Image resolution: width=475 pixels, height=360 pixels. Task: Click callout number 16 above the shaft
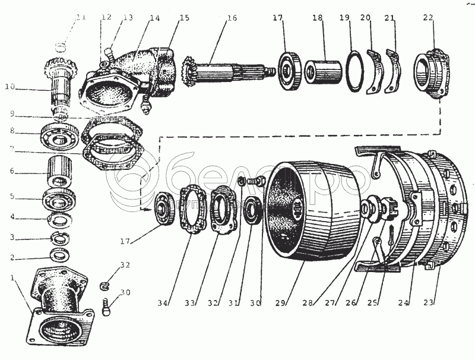coord(231,18)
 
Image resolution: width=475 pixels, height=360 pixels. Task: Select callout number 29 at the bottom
coord(282,304)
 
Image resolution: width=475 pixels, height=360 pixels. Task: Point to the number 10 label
coord(9,87)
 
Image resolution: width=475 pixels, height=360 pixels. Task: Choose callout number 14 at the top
coord(154,18)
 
